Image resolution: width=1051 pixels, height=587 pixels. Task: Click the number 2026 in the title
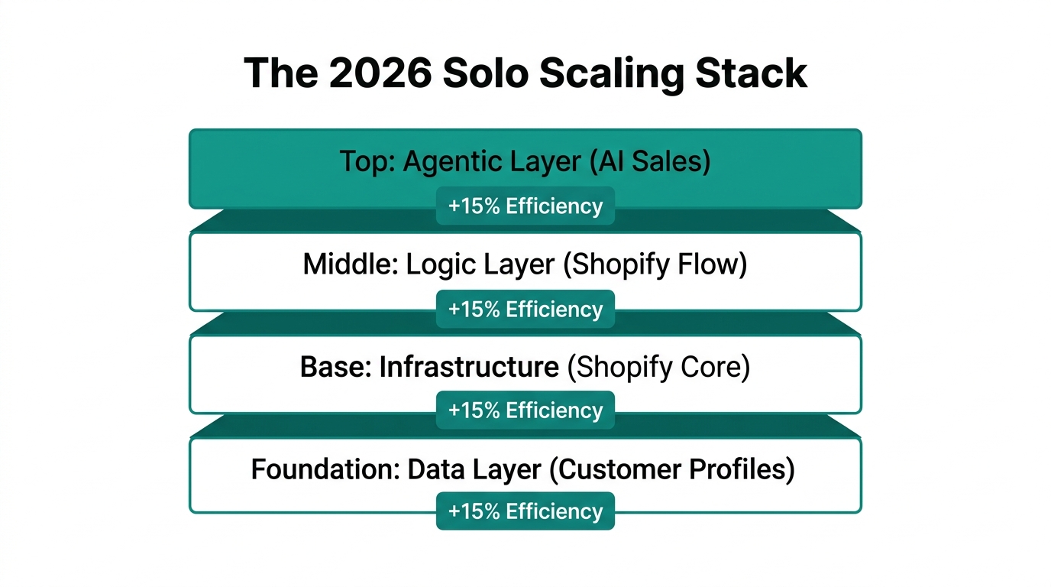pyautogui.click(x=380, y=73)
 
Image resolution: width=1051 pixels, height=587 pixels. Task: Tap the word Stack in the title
pyautogui.click(x=751, y=73)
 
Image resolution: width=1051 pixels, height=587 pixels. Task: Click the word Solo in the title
pyautogui.click(x=486, y=73)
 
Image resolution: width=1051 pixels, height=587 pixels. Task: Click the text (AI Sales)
pyautogui.click(x=649, y=161)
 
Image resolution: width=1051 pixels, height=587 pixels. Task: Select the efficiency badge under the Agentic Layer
pyautogui.click(x=525, y=206)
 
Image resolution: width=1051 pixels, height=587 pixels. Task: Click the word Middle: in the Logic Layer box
pyautogui.click(x=351, y=264)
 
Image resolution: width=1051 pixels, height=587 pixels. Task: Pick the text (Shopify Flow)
pyautogui.click(x=655, y=264)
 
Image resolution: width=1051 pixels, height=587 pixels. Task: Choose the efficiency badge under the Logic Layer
pyautogui.click(x=525, y=309)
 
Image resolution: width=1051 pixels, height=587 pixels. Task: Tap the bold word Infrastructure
pyautogui.click(x=469, y=367)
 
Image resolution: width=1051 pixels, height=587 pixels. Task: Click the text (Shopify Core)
pyautogui.click(x=658, y=367)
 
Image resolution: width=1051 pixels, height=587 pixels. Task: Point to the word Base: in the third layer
pyautogui.click(x=336, y=367)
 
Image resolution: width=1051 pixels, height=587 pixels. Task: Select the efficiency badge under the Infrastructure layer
pyautogui.click(x=525, y=410)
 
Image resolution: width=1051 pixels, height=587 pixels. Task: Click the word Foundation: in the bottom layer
pyautogui.click(x=325, y=469)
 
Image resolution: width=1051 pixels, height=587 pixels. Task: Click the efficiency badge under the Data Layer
pyautogui.click(x=525, y=511)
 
